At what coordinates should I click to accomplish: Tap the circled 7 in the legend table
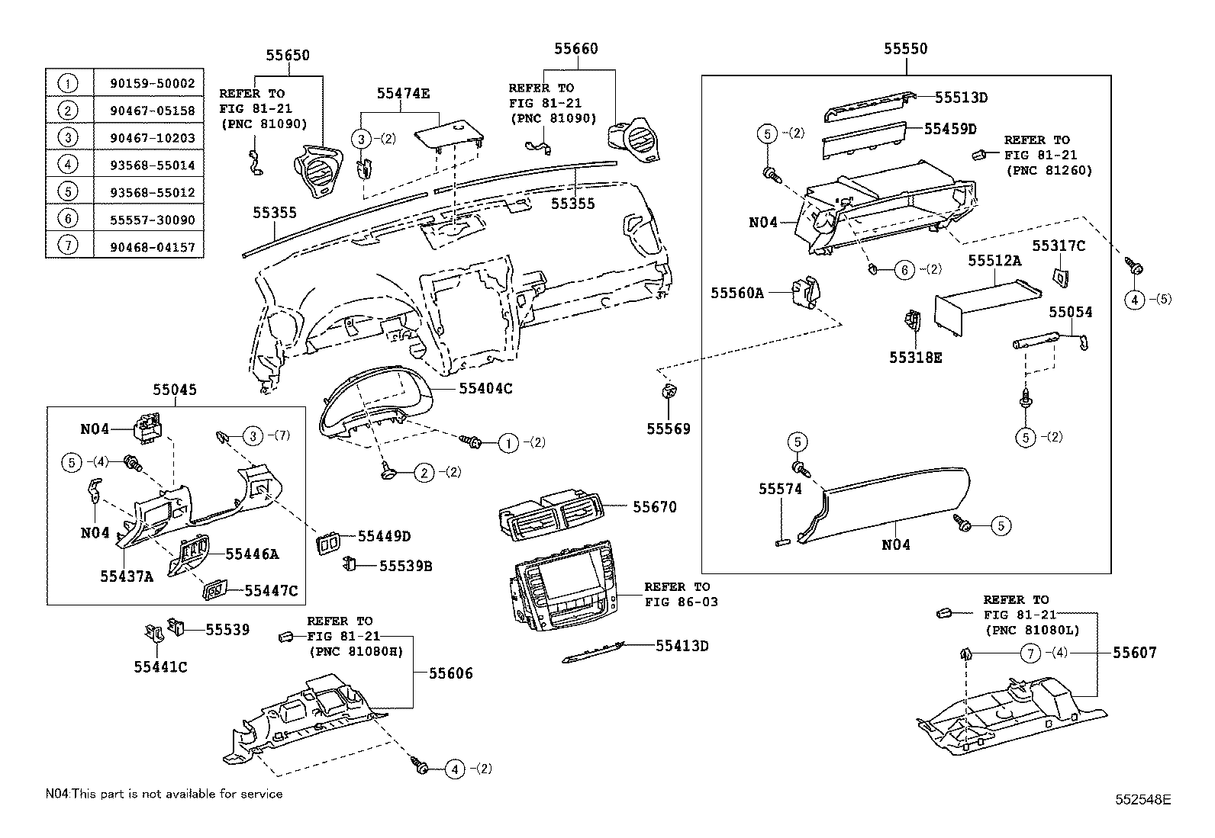[x=69, y=247]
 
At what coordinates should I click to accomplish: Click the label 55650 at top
[x=288, y=55]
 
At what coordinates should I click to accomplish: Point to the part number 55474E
[x=403, y=93]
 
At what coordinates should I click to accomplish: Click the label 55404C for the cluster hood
[x=485, y=388]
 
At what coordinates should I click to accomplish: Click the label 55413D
[x=682, y=646]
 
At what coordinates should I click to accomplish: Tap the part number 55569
[x=669, y=429]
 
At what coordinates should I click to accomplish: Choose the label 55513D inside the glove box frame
[x=962, y=97]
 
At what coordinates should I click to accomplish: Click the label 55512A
[x=994, y=260]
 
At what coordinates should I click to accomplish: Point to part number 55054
[x=1070, y=312]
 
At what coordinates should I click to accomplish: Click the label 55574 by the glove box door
[x=780, y=489]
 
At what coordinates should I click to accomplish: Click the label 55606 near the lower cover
[x=450, y=673]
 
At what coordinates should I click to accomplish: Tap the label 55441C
[x=160, y=667]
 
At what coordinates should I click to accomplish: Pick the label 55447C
[x=271, y=590]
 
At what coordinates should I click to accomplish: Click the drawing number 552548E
[x=1140, y=799]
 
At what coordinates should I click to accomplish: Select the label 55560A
[x=737, y=292]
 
